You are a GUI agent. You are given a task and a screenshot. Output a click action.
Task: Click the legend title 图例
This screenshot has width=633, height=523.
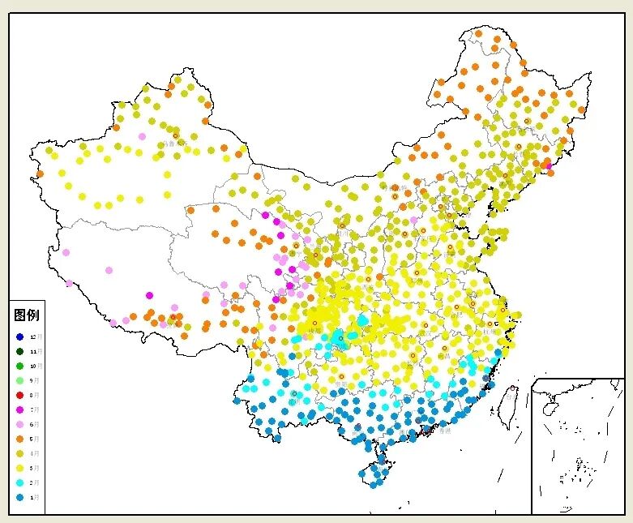click(26, 315)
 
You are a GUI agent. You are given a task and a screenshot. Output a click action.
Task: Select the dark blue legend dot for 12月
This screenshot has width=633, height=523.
click(19, 337)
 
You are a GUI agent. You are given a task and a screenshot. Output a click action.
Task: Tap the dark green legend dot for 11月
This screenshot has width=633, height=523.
click(19, 351)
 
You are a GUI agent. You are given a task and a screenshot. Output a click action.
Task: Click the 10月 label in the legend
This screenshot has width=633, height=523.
click(34, 366)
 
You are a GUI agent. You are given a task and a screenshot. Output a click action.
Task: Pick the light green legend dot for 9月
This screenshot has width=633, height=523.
click(19, 380)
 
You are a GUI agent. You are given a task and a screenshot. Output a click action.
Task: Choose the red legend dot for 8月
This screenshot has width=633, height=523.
click(19, 395)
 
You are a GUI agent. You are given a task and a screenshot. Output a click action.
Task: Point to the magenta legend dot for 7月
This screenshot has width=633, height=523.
click(19, 409)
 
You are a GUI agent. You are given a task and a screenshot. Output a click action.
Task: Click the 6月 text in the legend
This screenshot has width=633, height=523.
click(34, 424)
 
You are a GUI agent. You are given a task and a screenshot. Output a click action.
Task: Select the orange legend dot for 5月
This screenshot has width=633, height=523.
click(19, 439)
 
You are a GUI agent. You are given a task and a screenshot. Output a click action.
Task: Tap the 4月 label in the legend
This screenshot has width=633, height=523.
click(34, 453)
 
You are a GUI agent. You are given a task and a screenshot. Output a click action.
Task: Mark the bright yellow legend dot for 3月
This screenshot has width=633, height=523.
click(19, 468)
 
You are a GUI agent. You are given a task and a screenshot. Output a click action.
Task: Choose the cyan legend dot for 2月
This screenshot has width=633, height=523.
click(19, 482)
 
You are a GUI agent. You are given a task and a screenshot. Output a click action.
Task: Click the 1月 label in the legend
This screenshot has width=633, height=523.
click(34, 497)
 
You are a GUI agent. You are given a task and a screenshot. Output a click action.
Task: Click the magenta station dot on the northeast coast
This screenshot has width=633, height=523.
click(548, 166)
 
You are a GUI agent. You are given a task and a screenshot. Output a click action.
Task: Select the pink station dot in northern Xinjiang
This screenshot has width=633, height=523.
click(142, 136)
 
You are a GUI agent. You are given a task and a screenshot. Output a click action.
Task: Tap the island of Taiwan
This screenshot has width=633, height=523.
click(509, 405)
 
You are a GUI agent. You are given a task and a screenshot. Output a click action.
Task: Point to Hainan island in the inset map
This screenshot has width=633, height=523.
click(549, 409)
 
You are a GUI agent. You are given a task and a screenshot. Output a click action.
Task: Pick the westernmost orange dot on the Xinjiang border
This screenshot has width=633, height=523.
click(39, 174)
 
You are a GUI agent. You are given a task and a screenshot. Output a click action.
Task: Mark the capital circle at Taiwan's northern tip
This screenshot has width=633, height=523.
click(513, 389)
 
